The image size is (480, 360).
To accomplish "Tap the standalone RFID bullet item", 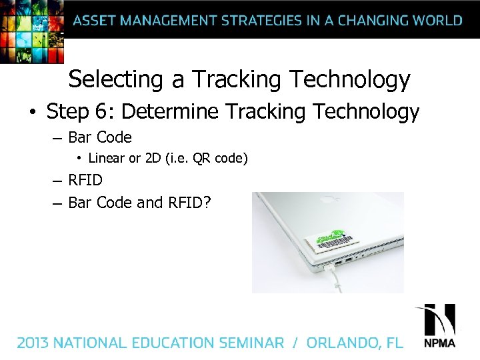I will tap(85, 180).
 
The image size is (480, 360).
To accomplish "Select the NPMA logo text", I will tap(439, 344).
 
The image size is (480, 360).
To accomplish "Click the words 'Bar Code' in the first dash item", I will tap(100, 137).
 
